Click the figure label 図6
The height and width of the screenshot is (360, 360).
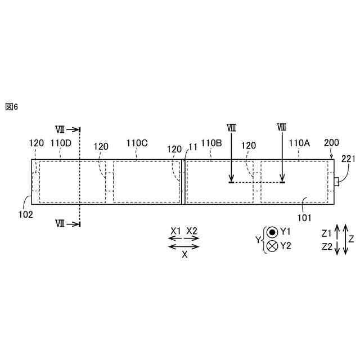pos(11,107)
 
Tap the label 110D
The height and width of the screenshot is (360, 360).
pos(61,143)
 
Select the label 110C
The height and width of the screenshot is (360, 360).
pos(137,143)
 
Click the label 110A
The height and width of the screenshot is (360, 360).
pos(299,143)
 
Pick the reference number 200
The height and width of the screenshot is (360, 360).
pos(331,143)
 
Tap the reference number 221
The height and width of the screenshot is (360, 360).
pos(349,159)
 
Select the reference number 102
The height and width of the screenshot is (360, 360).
pos(25,214)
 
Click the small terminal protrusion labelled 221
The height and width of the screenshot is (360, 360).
pos(336,181)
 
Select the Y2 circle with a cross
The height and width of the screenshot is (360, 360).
pos(273,246)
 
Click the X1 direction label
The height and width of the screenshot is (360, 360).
pos(176,231)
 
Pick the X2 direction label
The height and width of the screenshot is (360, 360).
pos(192,231)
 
